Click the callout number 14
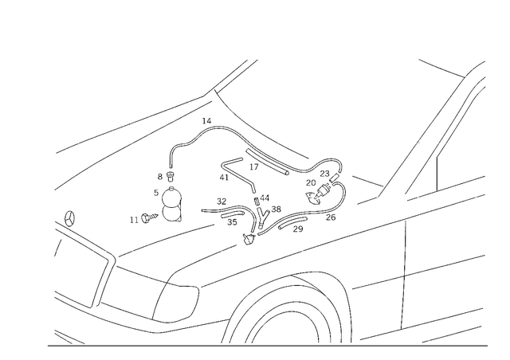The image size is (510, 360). [x=206, y=121]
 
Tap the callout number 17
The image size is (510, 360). [x=254, y=167]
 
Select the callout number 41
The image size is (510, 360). [x=224, y=178]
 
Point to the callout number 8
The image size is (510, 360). [x=159, y=177]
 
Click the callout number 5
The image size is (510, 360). [x=156, y=193]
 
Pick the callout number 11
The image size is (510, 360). [x=135, y=220]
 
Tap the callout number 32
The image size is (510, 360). [x=222, y=202]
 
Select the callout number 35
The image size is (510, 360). [x=232, y=222]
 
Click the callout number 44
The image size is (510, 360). [x=265, y=198]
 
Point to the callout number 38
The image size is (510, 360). [x=277, y=209]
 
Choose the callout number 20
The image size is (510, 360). [x=311, y=182]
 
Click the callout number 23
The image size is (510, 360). [x=324, y=174]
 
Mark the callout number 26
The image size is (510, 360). [x=331, y=217]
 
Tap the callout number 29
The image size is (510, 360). [x=298, y=229]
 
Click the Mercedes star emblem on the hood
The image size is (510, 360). [x=69, y=218]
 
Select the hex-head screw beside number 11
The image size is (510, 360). [x=150, y=217]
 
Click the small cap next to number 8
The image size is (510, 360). [x=170, y=178]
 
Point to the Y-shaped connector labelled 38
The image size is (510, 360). [x=262, y=218]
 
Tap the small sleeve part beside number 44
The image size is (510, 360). [x=256, y=201]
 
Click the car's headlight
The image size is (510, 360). [x=176, y=303]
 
